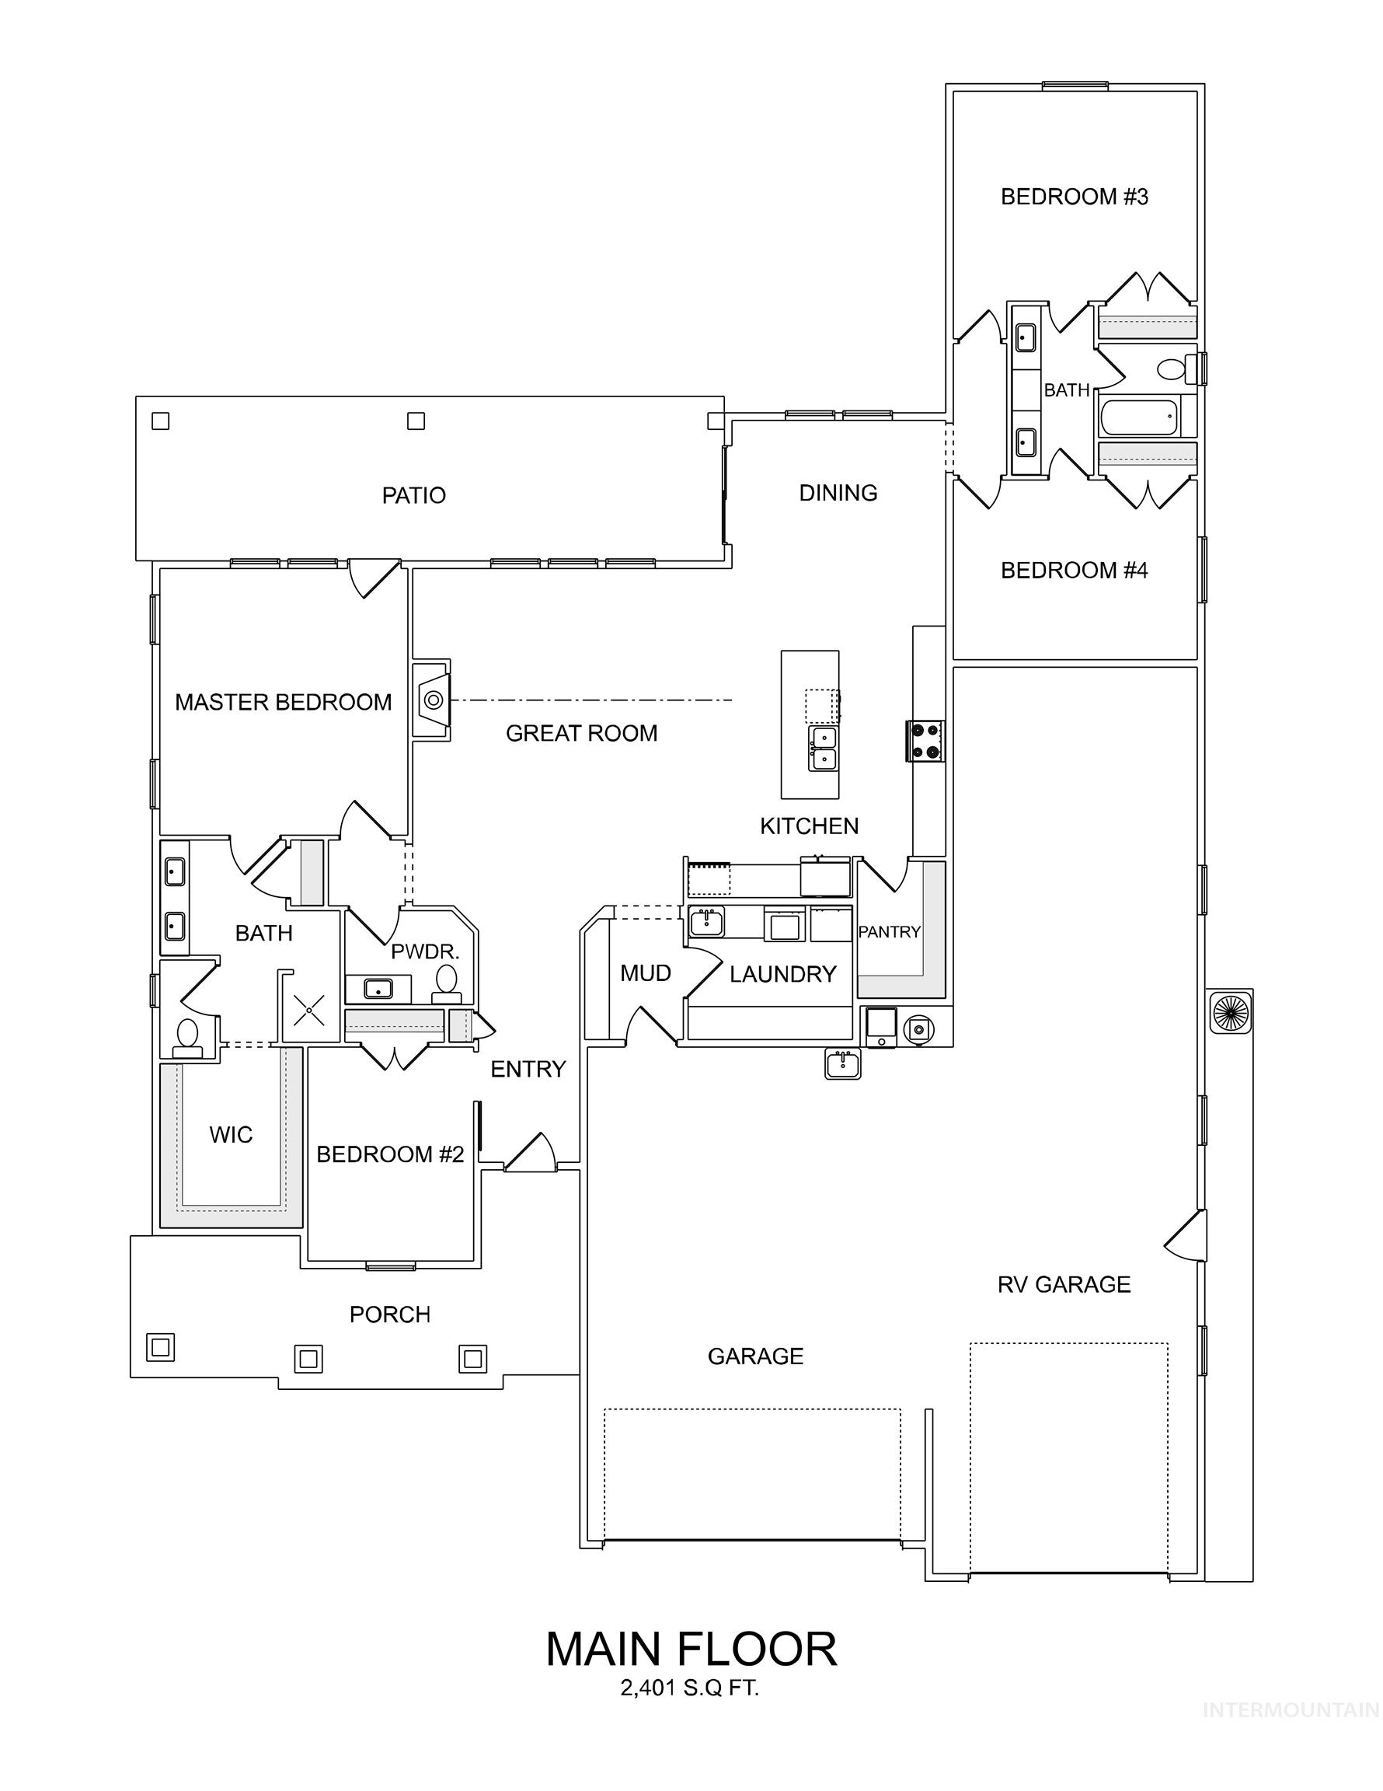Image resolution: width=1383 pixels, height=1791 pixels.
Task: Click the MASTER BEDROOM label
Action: coord(283,702)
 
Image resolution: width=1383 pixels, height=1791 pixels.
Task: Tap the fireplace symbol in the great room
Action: coord(433,700)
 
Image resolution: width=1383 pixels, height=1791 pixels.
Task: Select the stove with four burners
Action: coord(925,741)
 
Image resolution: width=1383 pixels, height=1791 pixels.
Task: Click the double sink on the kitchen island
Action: coord(823,748)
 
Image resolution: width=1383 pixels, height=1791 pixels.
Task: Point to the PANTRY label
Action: coord(889,931)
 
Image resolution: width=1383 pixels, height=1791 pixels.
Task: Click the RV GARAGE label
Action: coord(1064,1284)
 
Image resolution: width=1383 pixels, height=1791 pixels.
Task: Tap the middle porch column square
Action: coord(308,1359)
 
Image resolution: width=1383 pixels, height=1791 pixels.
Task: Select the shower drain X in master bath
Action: coord(309,1011)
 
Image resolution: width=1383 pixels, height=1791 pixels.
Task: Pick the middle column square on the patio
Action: coord(416,421)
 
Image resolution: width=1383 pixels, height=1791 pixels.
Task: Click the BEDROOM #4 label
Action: coord(1074,570)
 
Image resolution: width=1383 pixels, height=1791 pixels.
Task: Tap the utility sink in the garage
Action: coord(843,1064)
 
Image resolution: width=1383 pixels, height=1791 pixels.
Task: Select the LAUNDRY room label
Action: coord(782,973)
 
